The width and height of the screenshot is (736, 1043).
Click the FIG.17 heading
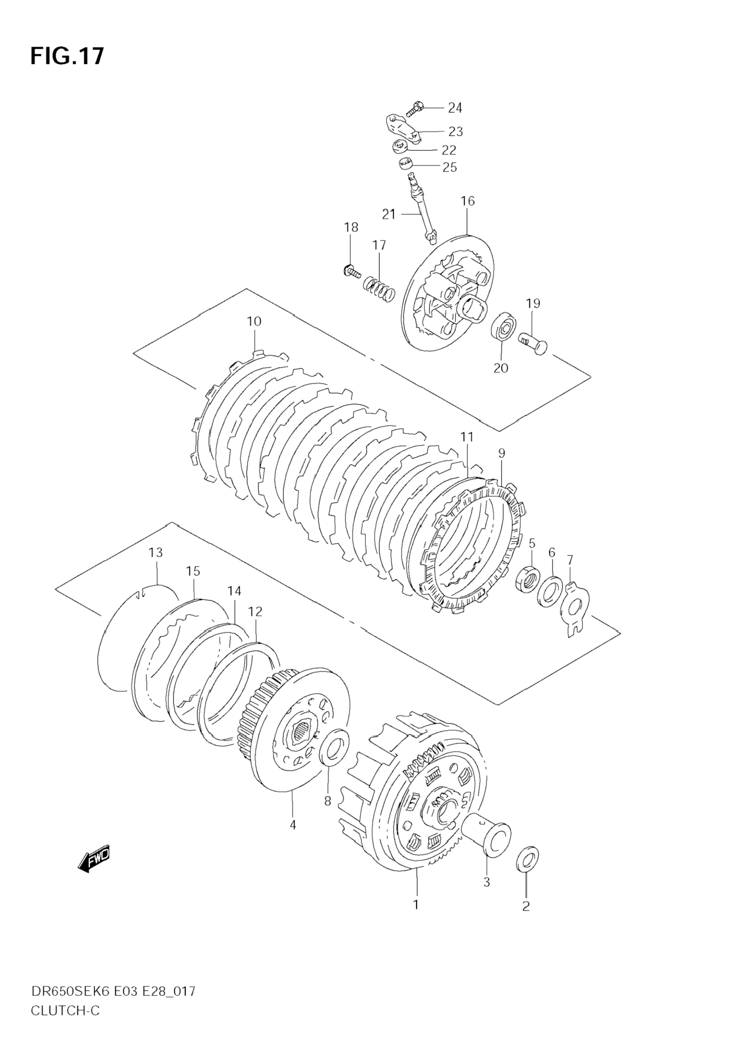pos(67,56)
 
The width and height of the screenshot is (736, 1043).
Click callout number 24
pos(455,108)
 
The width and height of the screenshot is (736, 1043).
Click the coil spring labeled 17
pos(379,288)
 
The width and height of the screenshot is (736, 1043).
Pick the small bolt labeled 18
pos(352,272)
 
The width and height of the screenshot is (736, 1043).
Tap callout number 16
pos(468,201)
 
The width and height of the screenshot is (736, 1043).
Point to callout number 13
pos(156,553)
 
